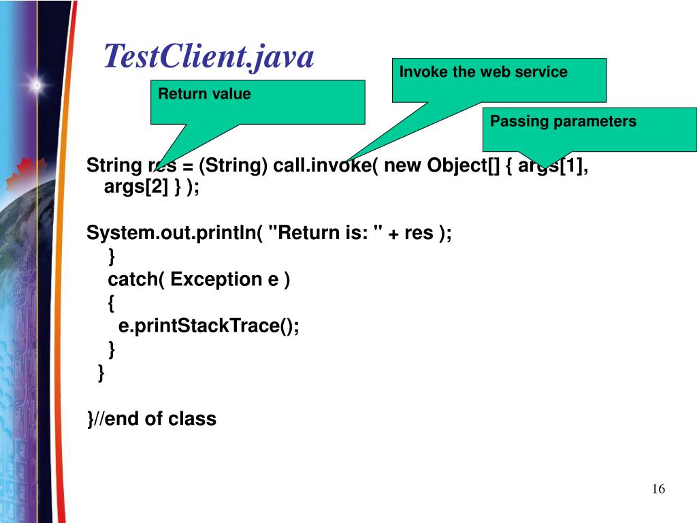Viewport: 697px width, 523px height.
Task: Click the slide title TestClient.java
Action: tap(208, 57)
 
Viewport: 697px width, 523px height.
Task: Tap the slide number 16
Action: tap(658, 490)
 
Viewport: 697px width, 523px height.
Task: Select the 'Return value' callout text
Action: tap(204, 94)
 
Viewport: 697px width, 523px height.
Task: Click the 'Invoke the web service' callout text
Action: tap(483, 72)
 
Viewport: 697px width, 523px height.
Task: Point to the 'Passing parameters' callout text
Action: tap(563, 121)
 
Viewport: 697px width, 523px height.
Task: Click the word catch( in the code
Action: tap(136, 279)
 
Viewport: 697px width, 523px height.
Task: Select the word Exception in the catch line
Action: tap(216, 279)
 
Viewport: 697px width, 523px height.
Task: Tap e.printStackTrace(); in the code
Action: tap(209, 326)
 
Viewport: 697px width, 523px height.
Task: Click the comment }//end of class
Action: tap(152, 418)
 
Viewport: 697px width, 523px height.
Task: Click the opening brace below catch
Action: tap(112, 303)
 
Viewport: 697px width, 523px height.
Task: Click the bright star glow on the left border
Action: tap(37, 86)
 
